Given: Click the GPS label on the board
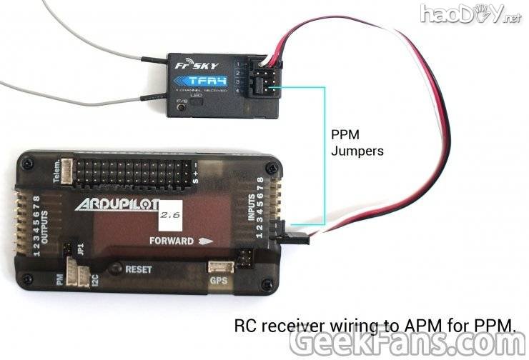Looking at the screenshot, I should tap(219, 281).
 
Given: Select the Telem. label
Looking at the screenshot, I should tap(56, 172).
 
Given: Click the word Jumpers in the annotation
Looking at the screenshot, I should tap(357, 151).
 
